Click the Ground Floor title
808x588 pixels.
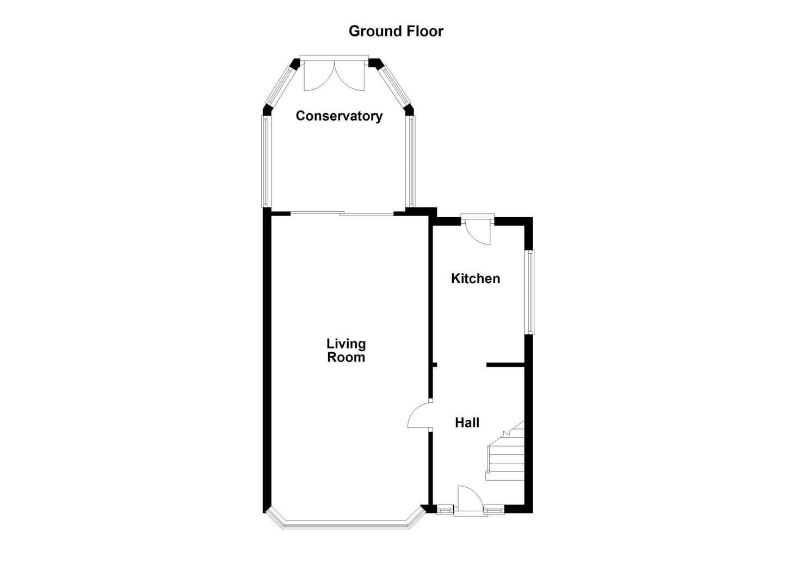coord(396,31)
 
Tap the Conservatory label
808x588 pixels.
coord(338,116)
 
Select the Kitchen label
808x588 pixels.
coord(475,279)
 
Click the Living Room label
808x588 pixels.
coord(346,351)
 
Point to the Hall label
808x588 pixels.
coord(467,422)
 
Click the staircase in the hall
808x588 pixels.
coord(505,455)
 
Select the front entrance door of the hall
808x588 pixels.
coord(470,500)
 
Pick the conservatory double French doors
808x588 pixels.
coord(334,75)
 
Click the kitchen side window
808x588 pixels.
coord(529,292)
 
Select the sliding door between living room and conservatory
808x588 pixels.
coord(342,214)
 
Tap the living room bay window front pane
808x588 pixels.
coord(345,525)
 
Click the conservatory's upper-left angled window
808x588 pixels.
coord(280,84)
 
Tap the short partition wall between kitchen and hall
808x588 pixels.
coord(505,364)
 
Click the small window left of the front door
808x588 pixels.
coord(445,510)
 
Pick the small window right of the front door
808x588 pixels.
coord(494,510)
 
